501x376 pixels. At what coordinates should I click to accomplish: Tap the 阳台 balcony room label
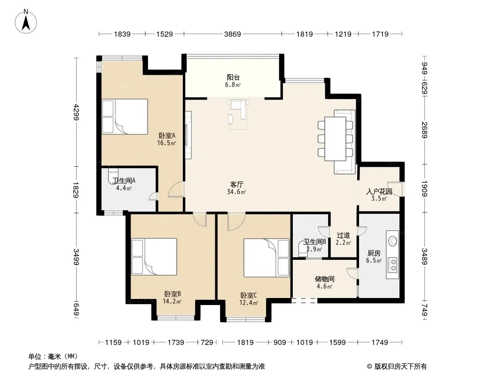point(233,77)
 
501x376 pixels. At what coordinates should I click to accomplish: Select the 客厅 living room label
point(236,185)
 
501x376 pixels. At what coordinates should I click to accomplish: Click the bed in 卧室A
point(125,116)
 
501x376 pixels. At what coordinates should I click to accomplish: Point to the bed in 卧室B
point(154,257)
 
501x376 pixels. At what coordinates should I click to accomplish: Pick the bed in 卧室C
point(266,258)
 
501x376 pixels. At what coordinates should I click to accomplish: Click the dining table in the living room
point(335,139)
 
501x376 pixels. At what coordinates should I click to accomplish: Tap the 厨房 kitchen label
point(374,253)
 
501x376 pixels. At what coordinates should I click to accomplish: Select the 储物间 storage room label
point(325,279)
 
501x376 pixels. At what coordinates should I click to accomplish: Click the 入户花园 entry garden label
point(379,192)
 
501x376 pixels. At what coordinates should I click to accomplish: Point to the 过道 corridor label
point(343,235)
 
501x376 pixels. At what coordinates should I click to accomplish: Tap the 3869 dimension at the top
point(232,34)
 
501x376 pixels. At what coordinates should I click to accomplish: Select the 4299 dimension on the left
point(76,112)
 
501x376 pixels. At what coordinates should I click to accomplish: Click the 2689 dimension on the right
point(424,130)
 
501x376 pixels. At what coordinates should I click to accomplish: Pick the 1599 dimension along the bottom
point(337,343)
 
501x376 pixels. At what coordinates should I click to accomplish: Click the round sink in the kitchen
point(392,241)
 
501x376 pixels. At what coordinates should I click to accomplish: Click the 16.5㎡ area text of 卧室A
point(166,143)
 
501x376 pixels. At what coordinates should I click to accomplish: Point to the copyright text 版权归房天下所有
point(400,367)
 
